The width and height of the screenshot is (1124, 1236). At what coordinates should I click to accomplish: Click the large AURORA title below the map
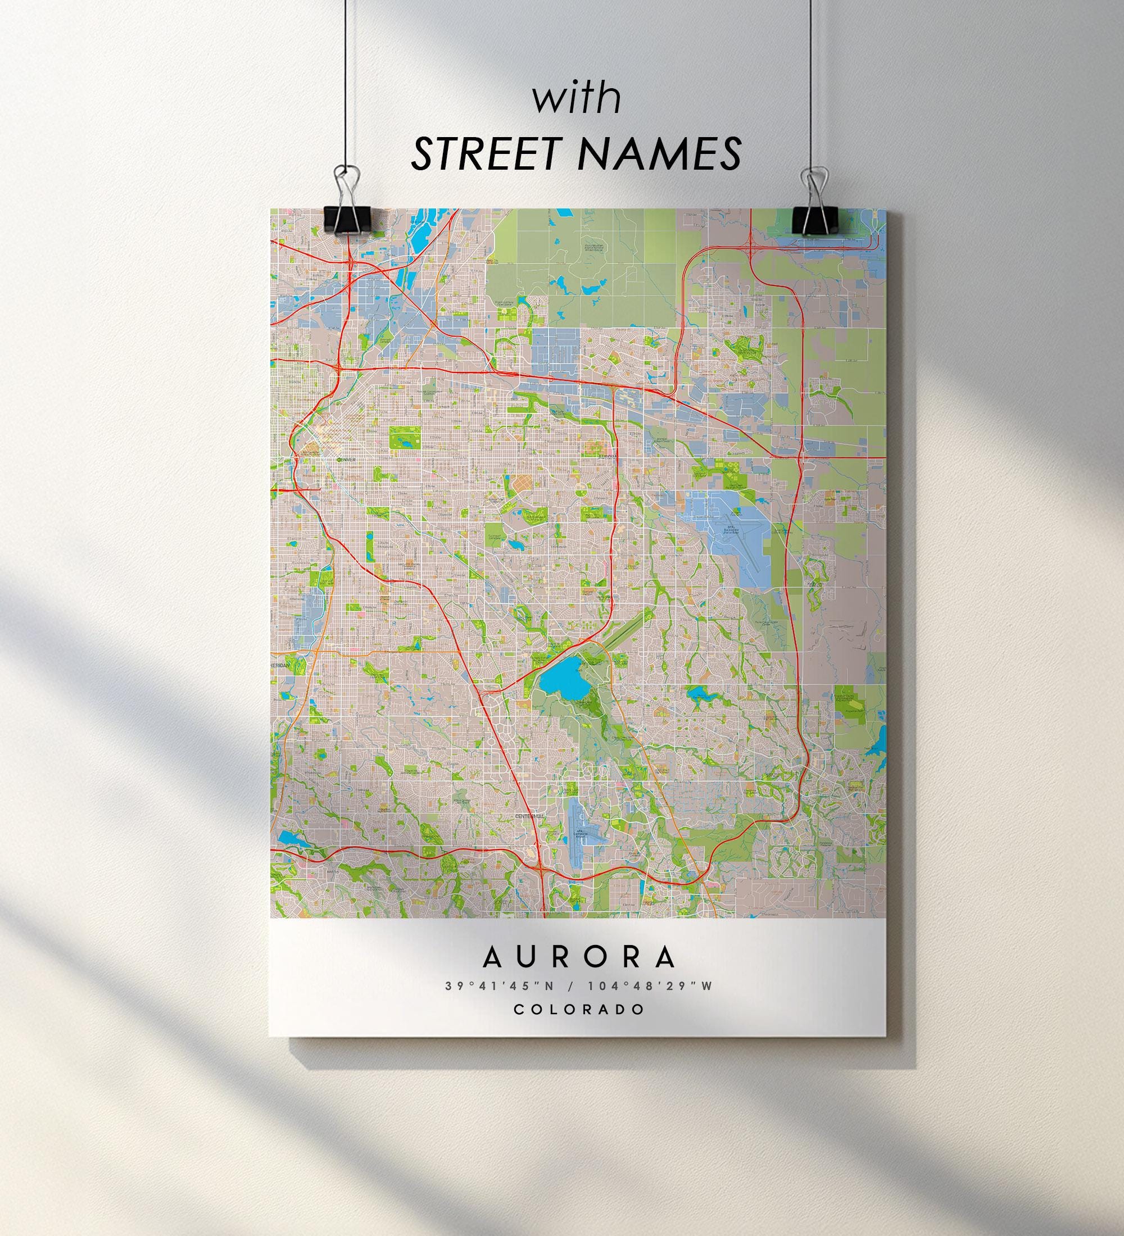coord(579,957)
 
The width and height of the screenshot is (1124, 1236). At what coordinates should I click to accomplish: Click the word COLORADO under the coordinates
coord(579,1009)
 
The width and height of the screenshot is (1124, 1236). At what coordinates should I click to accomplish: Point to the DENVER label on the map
coord(346,459)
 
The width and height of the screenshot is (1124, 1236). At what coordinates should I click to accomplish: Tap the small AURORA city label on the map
coord(609,457)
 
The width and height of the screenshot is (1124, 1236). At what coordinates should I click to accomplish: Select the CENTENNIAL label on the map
coord(529,816)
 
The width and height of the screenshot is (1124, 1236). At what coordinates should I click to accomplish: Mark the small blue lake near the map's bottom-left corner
coord(288,838)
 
